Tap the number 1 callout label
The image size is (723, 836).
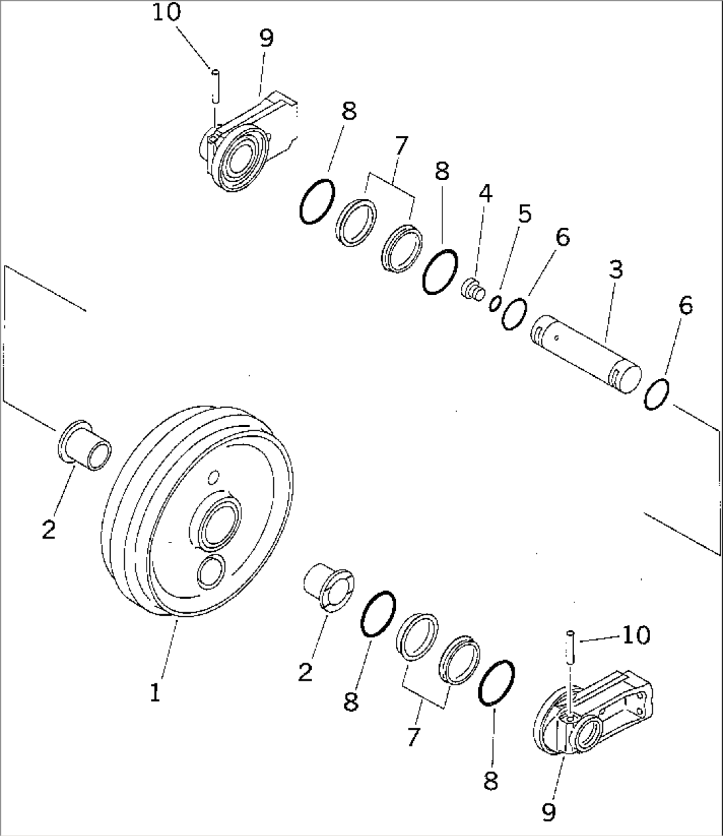point(154,693)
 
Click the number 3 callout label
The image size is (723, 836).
point(616,270)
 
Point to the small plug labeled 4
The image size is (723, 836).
point(472,290)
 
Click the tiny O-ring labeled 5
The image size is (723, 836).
point(495,304)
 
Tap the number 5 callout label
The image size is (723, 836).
point(524,214)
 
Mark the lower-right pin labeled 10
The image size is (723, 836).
point(570,647)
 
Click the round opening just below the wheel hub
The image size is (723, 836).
point(211,571)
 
